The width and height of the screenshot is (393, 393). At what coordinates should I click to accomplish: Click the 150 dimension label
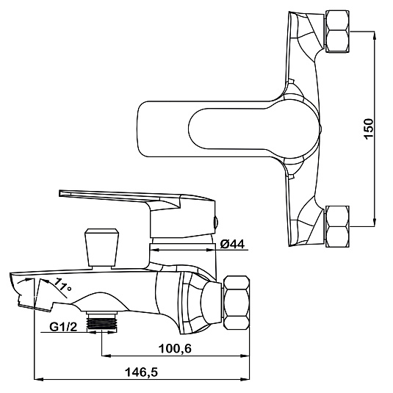[x=369, y=129]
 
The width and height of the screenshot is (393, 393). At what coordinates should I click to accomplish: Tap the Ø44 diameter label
[x=232, y=244]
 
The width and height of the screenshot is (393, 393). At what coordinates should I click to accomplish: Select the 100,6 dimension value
[x=175, y=348]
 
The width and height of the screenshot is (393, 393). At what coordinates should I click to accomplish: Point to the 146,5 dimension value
[x=142, y=372]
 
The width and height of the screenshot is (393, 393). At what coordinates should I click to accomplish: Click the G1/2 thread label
[x=63, y=327]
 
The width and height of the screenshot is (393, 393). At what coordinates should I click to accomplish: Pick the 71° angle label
[x=62, y=285]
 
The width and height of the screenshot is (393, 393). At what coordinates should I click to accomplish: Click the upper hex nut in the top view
[x=337, y=32]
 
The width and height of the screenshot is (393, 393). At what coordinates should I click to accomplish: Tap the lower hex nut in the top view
[x=337, y=226]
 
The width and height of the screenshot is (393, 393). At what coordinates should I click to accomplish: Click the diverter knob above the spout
[x=101, y=247]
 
